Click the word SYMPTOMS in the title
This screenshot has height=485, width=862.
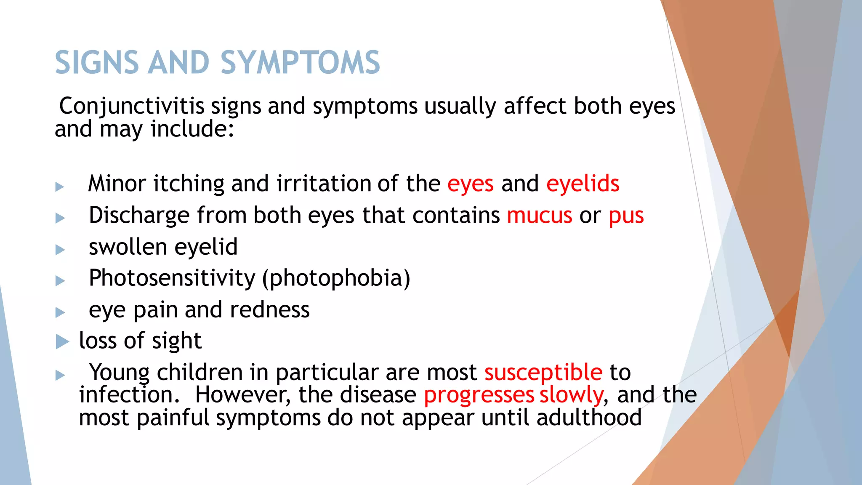[300, 63]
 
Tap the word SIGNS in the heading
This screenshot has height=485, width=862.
[97, 63]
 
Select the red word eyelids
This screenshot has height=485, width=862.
[583, 184]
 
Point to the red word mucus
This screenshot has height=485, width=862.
[540, 216]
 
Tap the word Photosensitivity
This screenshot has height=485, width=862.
[172, 278]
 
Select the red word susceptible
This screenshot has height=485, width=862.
[543, 373]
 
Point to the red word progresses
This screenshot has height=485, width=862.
[479, 395]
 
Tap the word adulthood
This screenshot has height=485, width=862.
[589, 418]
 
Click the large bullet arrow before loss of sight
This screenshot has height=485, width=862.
[62, 341]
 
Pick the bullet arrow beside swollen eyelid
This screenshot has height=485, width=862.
[60, 250]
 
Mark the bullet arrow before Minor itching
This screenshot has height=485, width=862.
[60, 187]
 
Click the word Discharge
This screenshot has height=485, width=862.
[139, 216]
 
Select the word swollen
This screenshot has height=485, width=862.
[128, 247]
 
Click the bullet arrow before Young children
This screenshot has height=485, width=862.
[60, 375]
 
